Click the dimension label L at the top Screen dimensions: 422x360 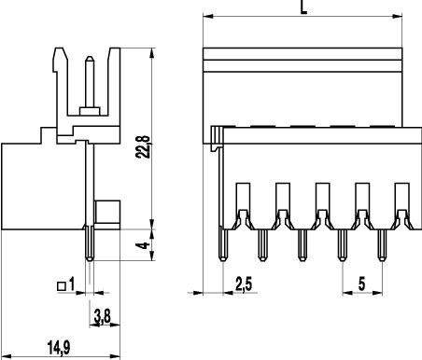click(303, 7)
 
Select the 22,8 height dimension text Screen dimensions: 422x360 click(143, 147)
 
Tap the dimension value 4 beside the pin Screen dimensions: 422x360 click(143, 245)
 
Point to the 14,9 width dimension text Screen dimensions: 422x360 click(59, 347)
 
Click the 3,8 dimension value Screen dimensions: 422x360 click(103, 317)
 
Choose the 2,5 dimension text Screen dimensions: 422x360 click(244, 284)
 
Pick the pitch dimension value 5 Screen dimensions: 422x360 click(361, 284)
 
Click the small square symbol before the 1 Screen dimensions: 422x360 click(62, 286)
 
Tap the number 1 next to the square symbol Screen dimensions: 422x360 click(72, 284)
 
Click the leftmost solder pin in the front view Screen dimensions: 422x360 click(223, 243)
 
